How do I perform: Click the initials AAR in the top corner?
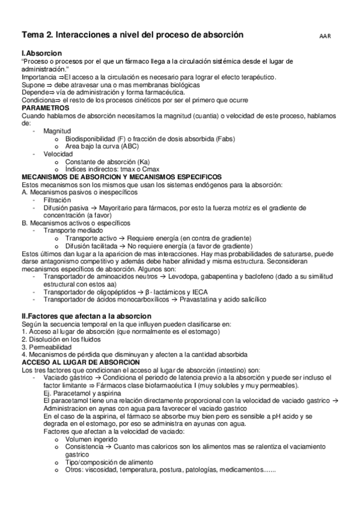point(325,37)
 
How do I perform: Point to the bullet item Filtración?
point(56,199)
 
